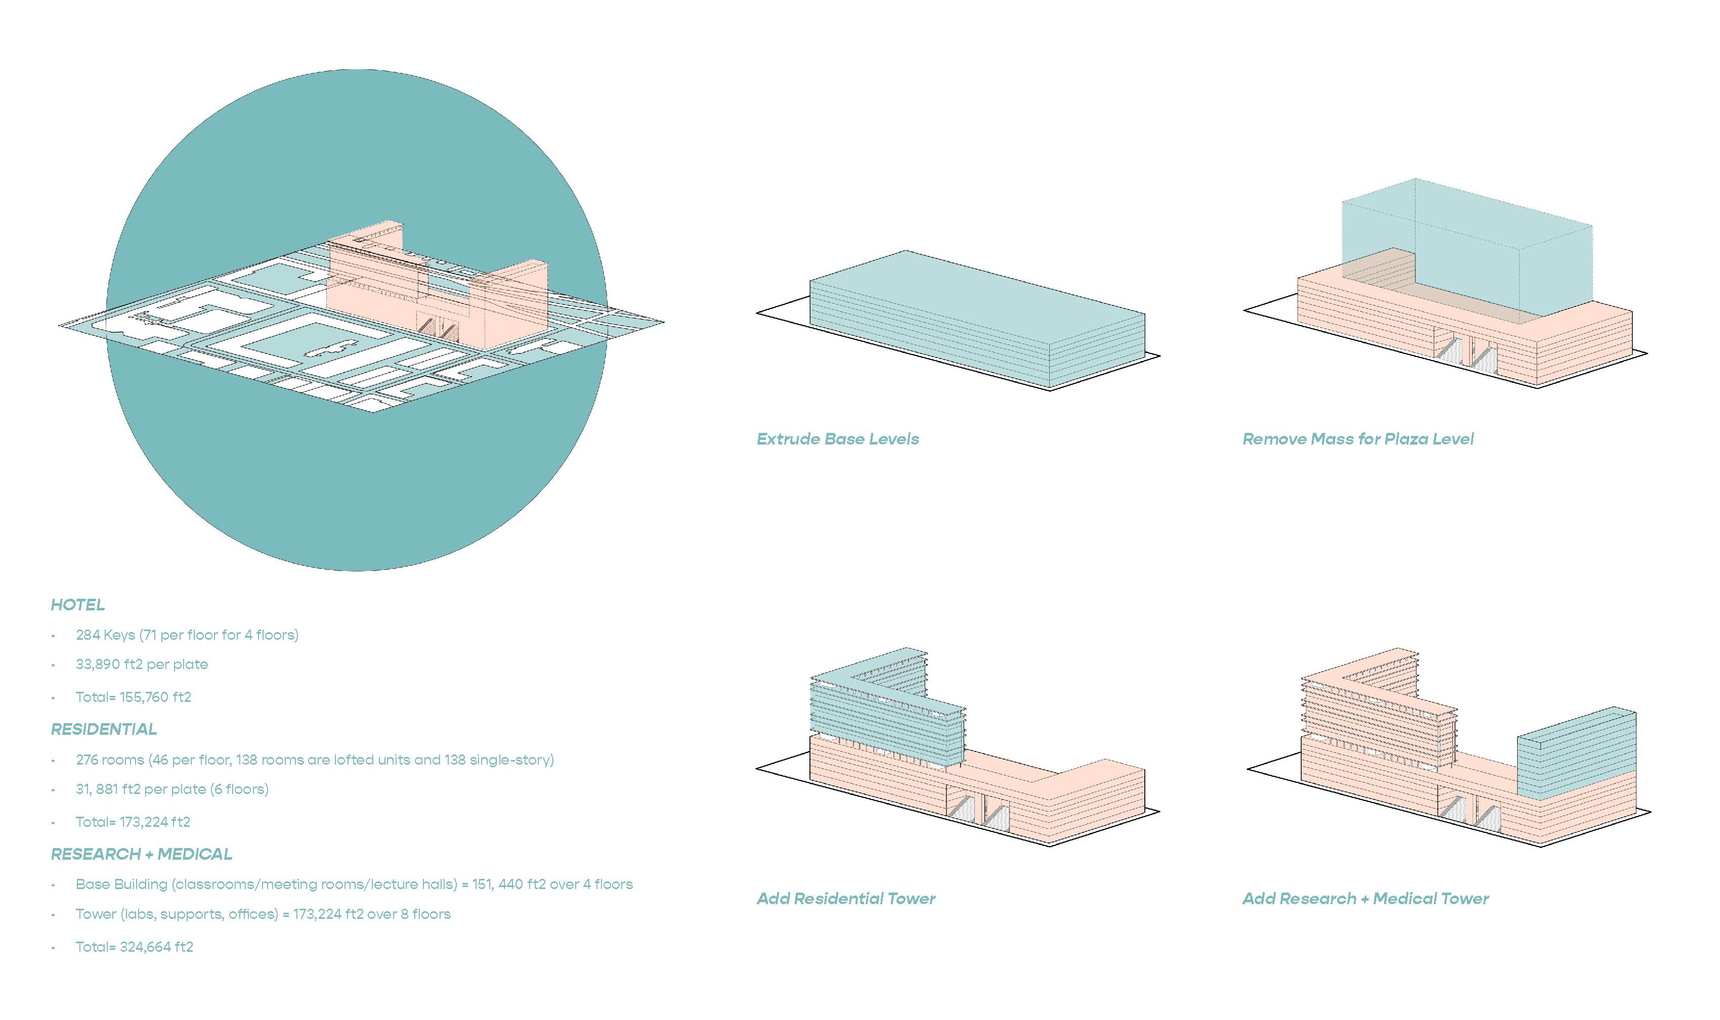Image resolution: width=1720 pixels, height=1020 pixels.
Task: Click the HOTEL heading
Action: (78, 605)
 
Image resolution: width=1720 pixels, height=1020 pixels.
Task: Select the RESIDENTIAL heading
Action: (104, 729)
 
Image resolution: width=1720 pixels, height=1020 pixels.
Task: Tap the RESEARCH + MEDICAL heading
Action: (142, 854)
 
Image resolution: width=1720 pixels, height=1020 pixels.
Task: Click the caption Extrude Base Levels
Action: (837, 439)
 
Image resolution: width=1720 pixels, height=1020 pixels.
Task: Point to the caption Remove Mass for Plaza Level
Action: (1358, 439)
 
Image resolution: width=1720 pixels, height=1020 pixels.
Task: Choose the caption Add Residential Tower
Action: (845, 899)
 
